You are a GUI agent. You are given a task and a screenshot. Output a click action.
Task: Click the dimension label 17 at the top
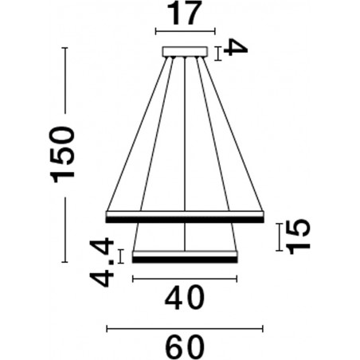coord(184,14)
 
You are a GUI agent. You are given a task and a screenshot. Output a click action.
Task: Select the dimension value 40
coord(185,298)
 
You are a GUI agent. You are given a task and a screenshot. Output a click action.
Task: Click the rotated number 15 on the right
coord(298,237)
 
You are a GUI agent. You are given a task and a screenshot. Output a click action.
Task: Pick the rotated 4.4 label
coord(102,262)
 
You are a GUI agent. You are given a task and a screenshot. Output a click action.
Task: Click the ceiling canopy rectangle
coord(185,52)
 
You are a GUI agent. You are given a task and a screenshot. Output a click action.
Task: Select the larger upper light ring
coord(185,217)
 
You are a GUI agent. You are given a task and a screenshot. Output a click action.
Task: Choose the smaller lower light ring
coord(185,256)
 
